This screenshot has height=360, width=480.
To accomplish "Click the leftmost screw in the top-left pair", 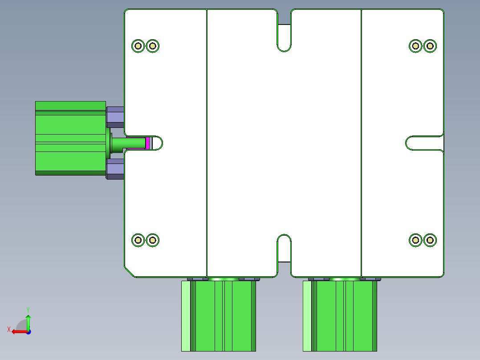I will (138, 45).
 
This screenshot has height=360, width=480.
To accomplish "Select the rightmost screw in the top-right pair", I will (430, 45).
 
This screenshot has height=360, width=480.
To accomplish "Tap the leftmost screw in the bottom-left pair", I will (138, 240).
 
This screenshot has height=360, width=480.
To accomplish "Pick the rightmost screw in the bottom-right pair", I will (430, 240).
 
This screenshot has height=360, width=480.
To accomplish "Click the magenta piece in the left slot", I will (147, 143).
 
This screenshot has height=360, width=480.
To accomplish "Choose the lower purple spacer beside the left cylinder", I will (115, 169).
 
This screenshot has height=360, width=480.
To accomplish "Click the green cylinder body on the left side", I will (70, 138).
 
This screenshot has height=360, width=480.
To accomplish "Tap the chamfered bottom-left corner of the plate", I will (130, 272).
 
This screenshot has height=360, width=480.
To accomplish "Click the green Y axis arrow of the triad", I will (28, 319).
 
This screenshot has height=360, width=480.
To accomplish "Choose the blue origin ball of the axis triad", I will (28, 331).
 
